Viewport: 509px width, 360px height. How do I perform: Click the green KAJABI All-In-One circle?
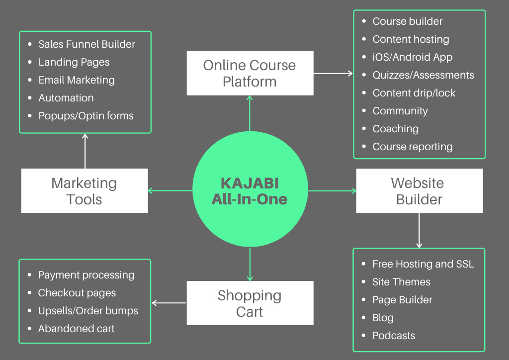click(x=250, y=191)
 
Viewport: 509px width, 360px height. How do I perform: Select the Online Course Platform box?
click(x=250, y=73)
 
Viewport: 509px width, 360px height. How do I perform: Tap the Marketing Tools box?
click(x=85, y=191)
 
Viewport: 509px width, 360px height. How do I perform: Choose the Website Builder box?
click(x=420, y=191)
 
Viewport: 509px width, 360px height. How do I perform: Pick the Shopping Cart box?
click(x=250, y=303)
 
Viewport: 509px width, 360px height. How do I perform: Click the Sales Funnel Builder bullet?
click(x=86, y=44)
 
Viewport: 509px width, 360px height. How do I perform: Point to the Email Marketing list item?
click(x=77, y=80)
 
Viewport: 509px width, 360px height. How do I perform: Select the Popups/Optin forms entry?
click(x=86, y=116)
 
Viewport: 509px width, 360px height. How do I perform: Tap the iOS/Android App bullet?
click(x=413, y=57)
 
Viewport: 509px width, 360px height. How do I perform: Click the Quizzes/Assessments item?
click(x=423, y=75)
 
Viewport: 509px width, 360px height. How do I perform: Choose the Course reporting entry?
click(x=413, y=147)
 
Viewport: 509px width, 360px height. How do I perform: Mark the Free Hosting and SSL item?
click(x=423, y=264)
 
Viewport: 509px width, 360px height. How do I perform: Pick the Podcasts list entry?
click(x=394, y=336)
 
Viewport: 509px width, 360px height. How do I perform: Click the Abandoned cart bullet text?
click(x=77, y=329)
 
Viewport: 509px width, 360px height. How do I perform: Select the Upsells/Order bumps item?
click(x=88, y=311)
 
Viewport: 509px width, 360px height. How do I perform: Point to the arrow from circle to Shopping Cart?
click(x=250, y=264)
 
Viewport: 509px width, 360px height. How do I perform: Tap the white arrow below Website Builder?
click(x=419, y=230)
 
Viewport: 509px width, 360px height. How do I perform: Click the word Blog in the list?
click(x=383, y=318)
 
